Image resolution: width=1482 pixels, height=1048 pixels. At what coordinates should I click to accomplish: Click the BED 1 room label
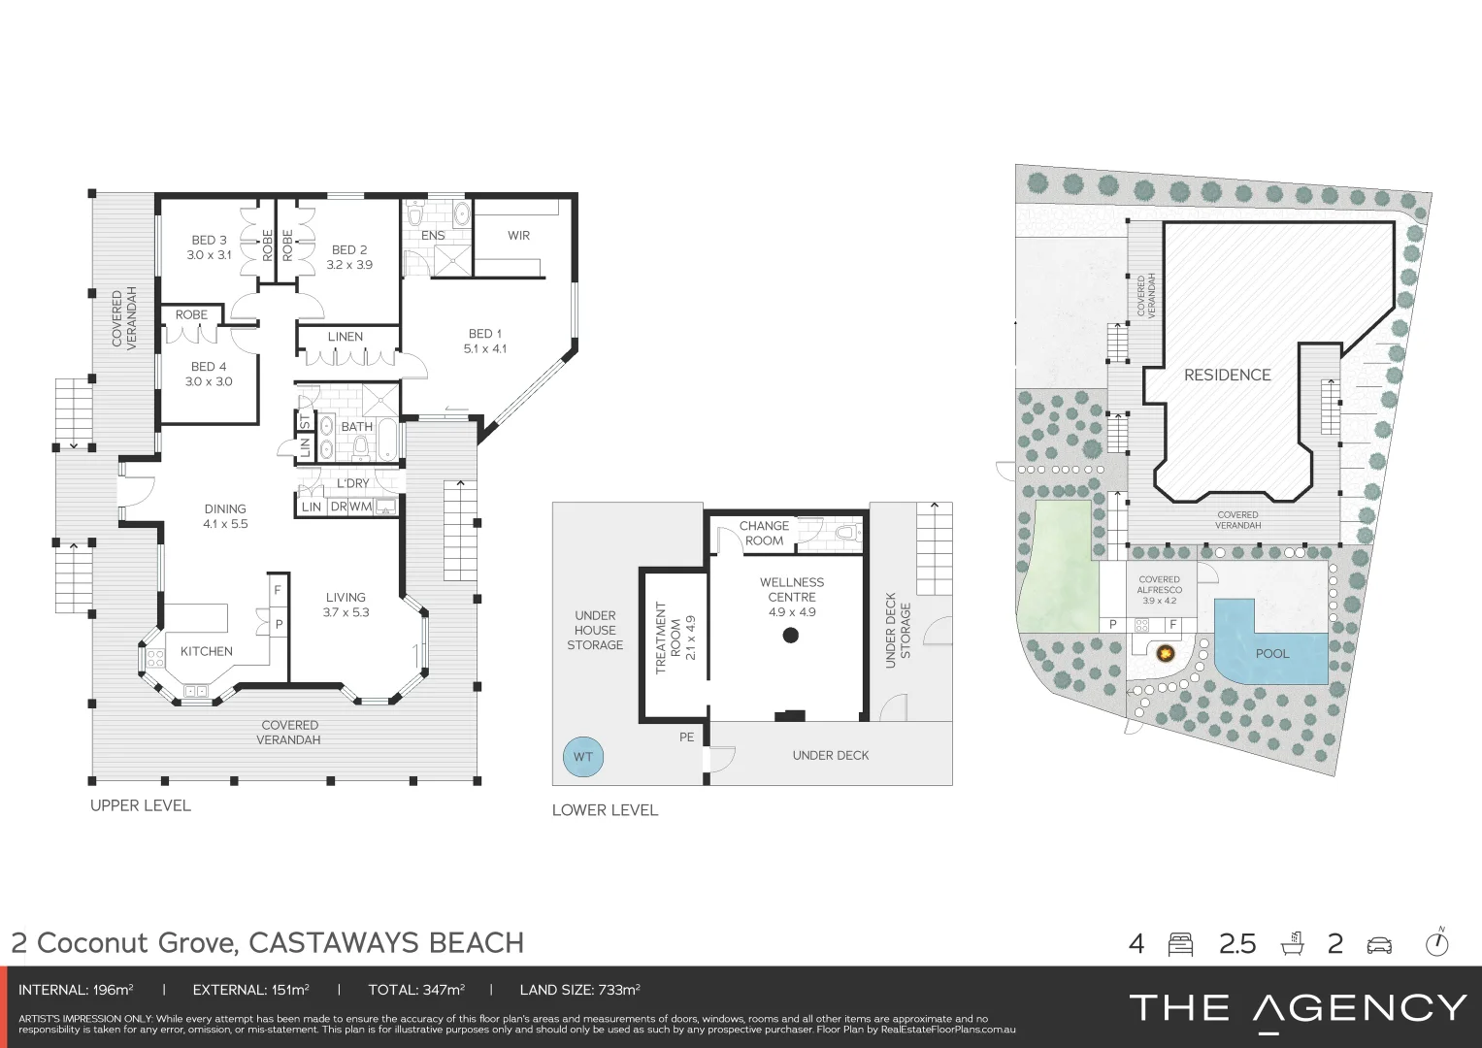484,334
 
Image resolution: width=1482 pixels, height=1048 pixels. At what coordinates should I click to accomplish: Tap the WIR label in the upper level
518,236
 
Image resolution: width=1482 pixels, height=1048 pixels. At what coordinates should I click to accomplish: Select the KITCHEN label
206,651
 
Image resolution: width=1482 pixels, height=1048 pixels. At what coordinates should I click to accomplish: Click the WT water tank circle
582,757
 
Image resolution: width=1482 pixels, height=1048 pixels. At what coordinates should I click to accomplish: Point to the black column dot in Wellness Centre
791,636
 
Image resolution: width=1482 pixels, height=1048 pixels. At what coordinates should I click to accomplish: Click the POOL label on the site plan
1271,653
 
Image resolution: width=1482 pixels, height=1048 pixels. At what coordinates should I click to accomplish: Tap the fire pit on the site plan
1163,653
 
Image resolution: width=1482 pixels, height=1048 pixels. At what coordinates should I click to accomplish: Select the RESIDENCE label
1227,375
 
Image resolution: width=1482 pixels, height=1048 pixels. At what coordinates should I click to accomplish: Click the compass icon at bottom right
1436,943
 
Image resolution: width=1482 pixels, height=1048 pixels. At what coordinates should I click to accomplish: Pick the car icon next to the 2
1378,944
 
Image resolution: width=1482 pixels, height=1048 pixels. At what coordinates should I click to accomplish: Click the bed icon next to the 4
1180,944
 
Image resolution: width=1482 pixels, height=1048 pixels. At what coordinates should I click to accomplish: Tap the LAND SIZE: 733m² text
579,990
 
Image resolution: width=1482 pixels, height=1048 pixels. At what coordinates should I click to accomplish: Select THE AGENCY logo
1298,1008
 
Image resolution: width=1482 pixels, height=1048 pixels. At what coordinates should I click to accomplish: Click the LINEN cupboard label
345,337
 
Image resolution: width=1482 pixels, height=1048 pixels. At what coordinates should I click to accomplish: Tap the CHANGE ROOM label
764,533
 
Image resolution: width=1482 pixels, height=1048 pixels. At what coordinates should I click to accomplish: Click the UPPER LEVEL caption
141,805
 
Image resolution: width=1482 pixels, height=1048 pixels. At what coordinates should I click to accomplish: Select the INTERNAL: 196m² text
76,990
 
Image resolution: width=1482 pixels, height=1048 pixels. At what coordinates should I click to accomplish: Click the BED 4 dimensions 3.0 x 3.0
209,381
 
